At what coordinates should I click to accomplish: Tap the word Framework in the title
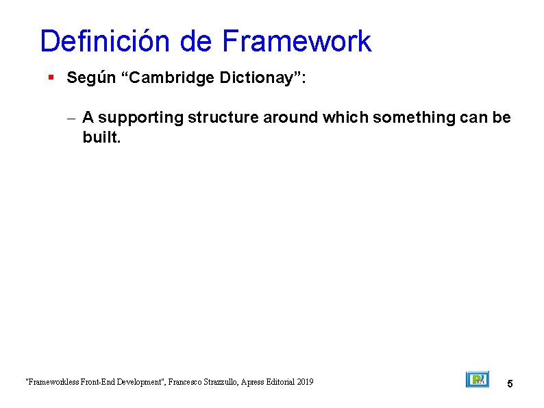296,42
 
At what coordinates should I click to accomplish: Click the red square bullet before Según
51,78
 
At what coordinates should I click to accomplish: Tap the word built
101,137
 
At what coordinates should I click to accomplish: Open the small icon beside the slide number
477,380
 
